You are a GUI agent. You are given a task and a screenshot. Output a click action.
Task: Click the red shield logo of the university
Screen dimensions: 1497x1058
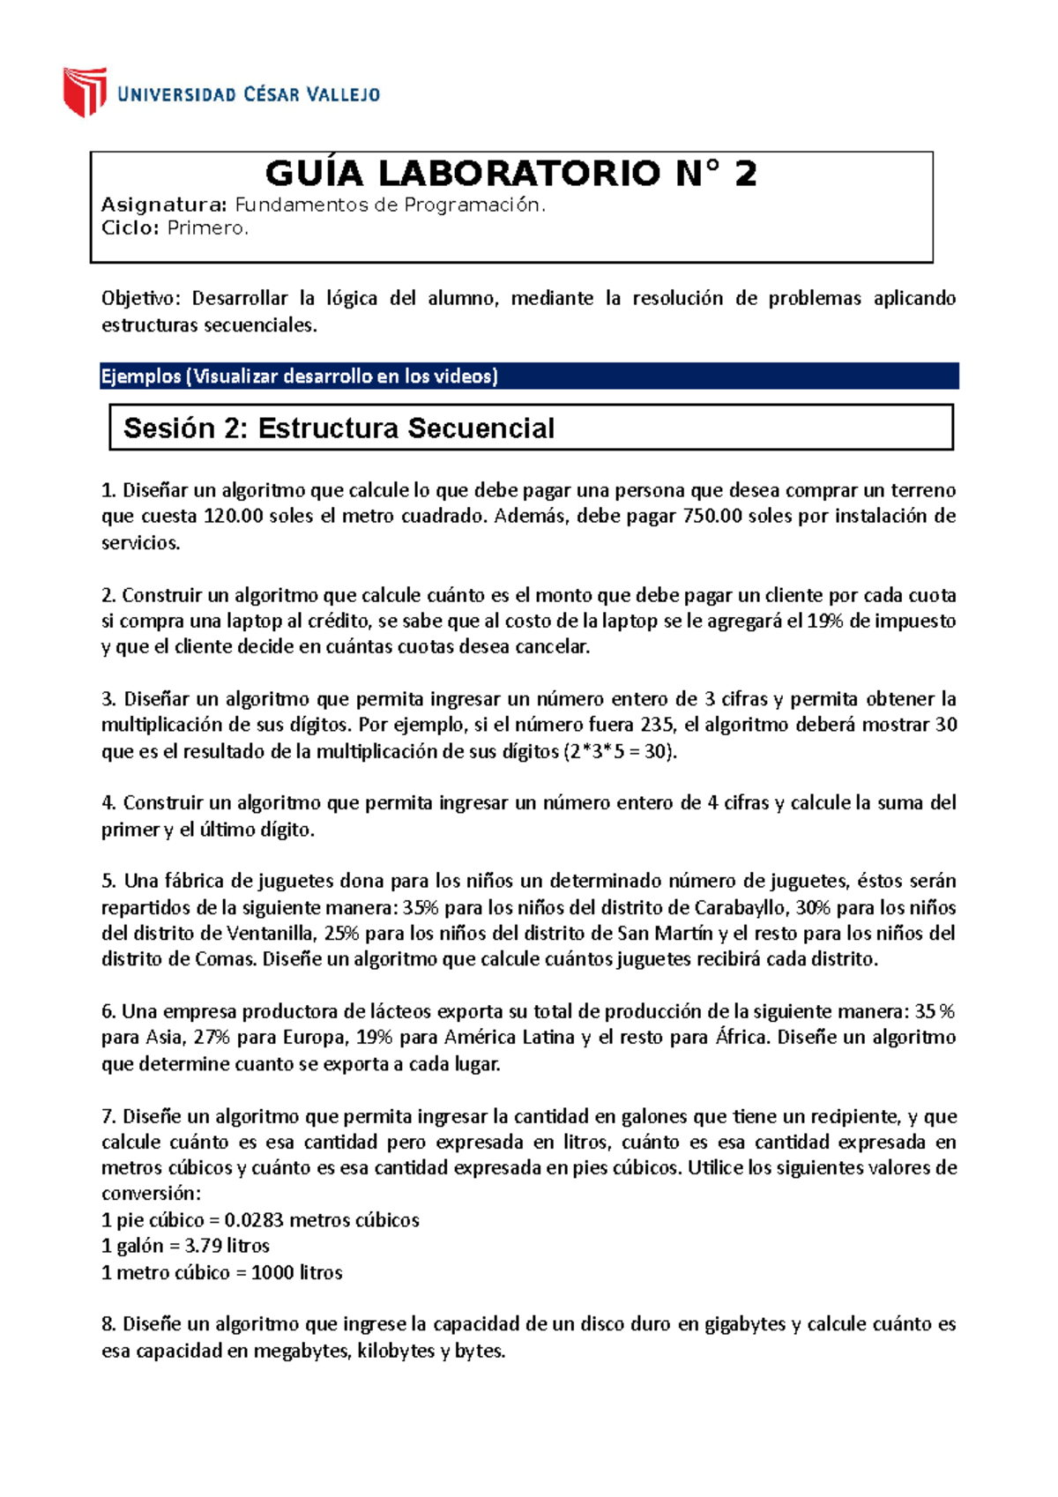click(85, 91)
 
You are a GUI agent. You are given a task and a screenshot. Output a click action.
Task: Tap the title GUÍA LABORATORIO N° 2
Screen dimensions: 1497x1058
click(510, 173)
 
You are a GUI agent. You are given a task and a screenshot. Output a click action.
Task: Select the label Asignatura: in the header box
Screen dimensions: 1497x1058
click(165, 205)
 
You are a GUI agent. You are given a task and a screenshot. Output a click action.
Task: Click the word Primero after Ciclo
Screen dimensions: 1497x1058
click(208, 228)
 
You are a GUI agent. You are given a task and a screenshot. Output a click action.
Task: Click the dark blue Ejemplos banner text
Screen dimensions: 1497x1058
click(300, 376)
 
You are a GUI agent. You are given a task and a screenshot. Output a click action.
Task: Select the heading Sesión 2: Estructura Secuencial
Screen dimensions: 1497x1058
click(339, 428)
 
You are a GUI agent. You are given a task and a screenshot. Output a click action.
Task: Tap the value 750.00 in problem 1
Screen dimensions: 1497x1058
click(712, 517)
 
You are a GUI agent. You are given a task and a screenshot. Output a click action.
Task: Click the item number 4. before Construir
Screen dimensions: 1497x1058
click(109, 803)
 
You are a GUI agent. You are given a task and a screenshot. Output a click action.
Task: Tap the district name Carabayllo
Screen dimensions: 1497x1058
click(739, 908)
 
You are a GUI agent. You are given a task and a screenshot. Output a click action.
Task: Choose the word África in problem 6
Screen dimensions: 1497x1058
click(743, 1038)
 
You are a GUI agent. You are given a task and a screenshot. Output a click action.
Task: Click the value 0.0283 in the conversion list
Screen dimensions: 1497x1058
click(254, 1220)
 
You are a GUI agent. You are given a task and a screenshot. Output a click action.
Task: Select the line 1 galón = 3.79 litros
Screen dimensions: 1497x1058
click(185, 1246)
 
